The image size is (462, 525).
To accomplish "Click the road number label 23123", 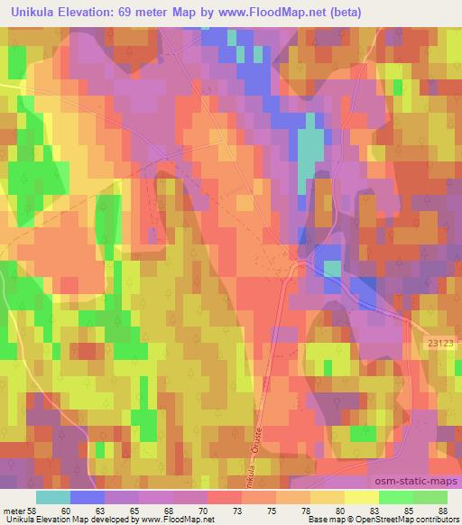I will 441,342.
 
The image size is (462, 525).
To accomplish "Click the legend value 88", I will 441,511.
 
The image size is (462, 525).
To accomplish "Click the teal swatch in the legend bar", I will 53,497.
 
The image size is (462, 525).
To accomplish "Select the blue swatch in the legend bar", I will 88,497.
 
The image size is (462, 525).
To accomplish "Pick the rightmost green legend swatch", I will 430,497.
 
